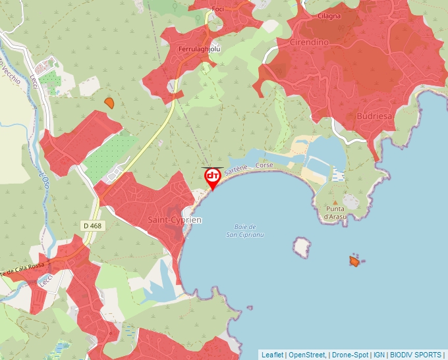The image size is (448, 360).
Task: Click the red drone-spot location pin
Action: coord(213,178)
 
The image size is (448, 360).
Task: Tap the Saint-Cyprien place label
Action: coord(175,219)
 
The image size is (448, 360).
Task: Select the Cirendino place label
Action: coord(309,43)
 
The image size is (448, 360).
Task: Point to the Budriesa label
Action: coord(374,116)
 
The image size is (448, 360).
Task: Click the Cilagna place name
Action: coord(329,15)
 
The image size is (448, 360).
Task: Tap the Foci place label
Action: coord(218,9)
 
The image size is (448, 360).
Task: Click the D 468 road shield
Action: coord(92,226)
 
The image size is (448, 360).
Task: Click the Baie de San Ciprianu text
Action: coord(245,230)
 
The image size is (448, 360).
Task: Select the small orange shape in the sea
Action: coord(354,261)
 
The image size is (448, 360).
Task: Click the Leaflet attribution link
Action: coord(272,355)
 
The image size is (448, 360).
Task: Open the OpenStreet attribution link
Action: coord(306,355)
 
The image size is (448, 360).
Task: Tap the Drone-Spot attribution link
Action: coord(350,355)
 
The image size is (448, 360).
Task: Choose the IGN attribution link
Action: coord(379,355)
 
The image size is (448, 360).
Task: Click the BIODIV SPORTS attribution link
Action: coord(415,355)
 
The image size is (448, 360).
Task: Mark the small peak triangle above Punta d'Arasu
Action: coord(335,202)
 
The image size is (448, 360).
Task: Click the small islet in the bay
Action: coord(302,247)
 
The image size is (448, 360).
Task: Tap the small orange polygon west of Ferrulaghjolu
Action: coord(109,103)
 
